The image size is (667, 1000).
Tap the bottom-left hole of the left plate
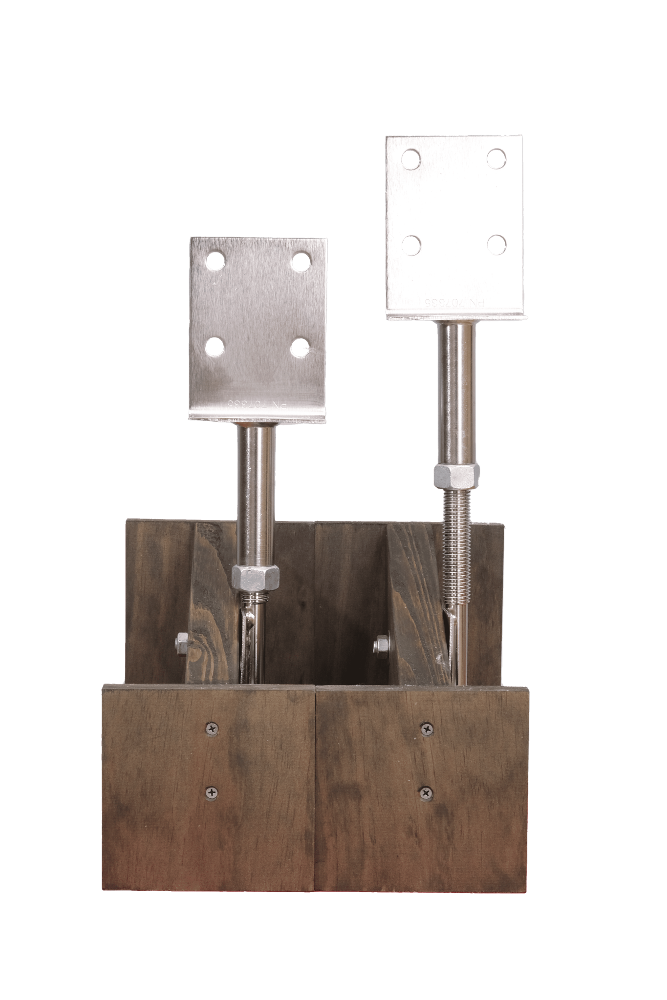coord(213,347)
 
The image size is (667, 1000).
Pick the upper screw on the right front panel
coord(428,729)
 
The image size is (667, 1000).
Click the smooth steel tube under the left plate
coord(256,493)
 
